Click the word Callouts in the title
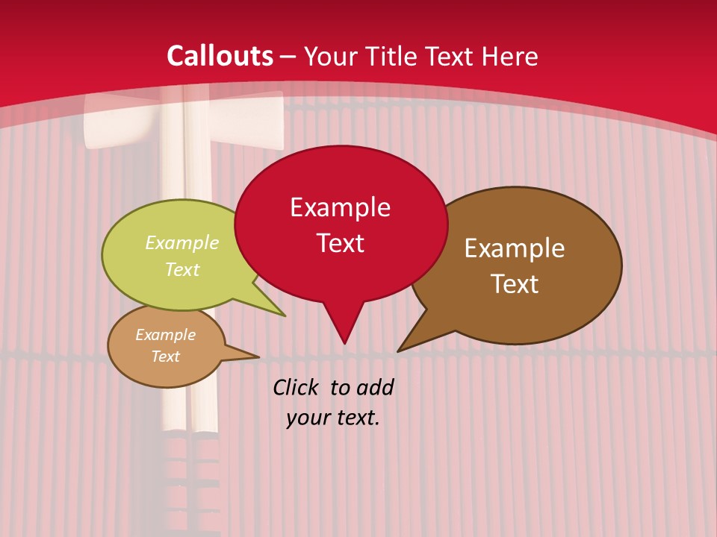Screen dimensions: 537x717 tap(220, 56)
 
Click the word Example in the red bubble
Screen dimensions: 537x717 tap(340, 207)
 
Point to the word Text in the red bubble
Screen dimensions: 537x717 tap(340, 243)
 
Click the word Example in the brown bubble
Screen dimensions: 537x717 tap(515, 248)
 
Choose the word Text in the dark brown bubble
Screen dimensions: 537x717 tap(515, 284)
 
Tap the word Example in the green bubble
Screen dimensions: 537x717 tap(182, 243)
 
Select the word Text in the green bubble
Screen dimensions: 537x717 tap(182, 270)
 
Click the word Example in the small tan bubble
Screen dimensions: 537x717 tap(166, 335)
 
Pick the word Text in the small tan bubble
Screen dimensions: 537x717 tap(166, 357)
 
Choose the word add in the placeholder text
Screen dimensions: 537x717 tap(374, 387)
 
